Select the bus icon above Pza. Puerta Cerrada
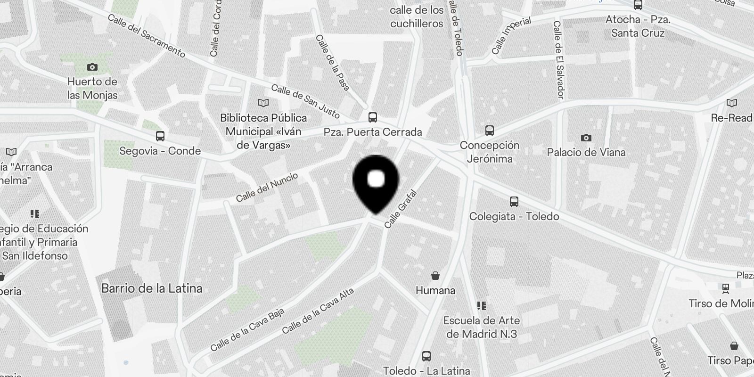point(373,117)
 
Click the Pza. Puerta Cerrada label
point(373,132)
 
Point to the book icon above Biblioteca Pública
point(263,103)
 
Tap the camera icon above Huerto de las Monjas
point(92,67)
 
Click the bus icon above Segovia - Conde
point(160,136)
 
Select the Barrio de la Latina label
point(152,288)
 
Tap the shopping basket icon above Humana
point(435,275)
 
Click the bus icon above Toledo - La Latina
point(426,356)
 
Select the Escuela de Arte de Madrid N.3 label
point(482,327)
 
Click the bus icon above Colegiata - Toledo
point(514,202)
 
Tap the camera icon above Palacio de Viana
point(586,138)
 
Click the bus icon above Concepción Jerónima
point(490,131)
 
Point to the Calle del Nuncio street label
point(267,187)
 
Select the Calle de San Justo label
point(305,101)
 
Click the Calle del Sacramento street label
point(146,36)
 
